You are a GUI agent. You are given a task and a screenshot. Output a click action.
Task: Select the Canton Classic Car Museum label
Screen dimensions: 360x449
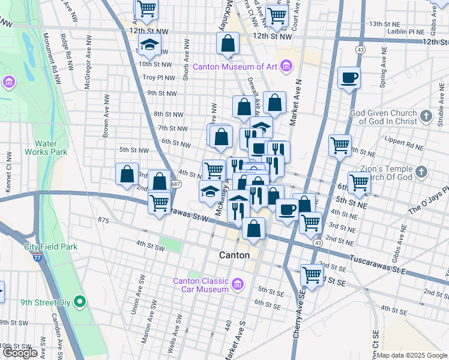(201, 286)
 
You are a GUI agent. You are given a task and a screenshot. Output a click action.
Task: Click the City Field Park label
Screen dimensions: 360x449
(51, 247)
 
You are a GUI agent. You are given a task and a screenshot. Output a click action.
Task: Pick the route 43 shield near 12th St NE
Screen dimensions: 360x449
(360, 49)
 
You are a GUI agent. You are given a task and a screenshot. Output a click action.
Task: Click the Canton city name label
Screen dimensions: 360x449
(235, 255)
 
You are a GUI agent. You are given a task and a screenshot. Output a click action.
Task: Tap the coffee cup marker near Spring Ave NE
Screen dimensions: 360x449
(349, 77)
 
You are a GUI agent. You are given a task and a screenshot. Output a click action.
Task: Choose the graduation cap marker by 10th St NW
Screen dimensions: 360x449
(149, 44)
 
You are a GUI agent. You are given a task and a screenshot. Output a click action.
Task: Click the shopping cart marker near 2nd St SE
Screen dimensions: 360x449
(312, 275)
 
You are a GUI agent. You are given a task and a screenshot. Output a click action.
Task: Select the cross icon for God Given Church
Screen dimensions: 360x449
(426, 116)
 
